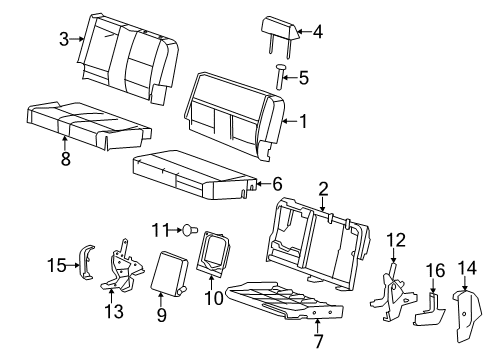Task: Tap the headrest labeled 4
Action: click(275, 32)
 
